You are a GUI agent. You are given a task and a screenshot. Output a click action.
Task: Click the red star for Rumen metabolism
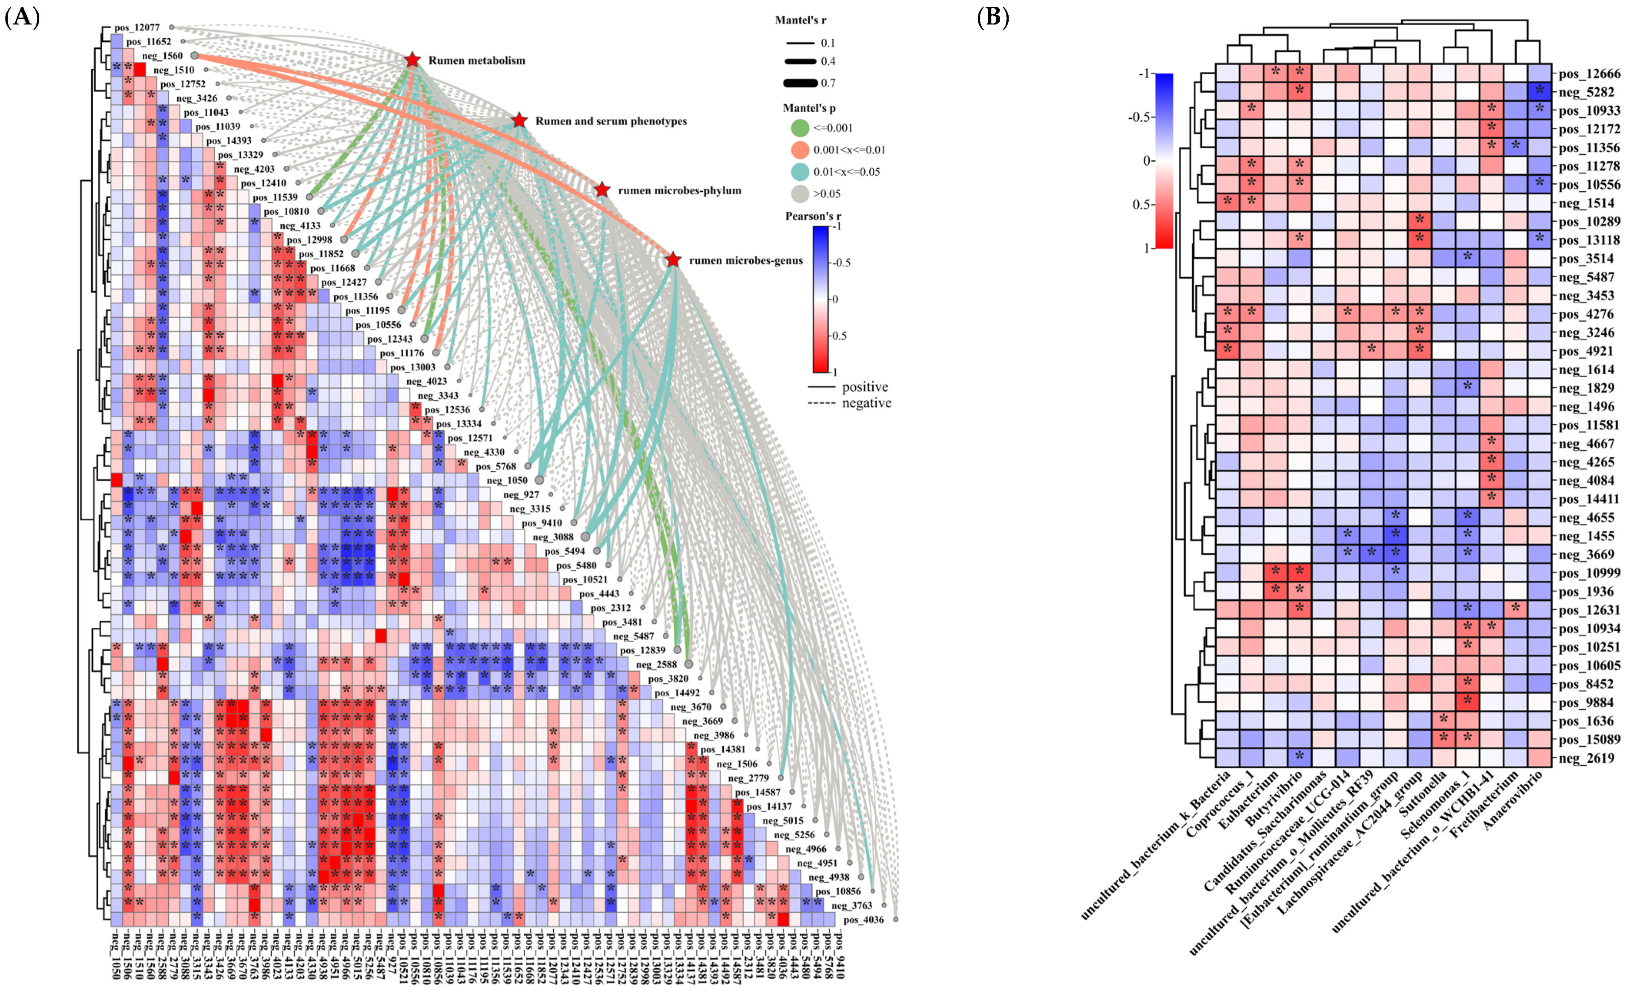point(412,60)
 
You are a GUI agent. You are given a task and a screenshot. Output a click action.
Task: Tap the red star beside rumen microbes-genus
point(673,260)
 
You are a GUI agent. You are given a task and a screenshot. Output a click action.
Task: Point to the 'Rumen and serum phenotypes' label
point(611,121)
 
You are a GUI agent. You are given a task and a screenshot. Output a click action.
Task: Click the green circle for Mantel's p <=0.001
point(800,128)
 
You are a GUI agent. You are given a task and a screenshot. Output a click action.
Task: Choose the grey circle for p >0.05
point(800,194)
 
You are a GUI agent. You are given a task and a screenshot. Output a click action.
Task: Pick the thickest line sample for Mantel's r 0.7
point(800,83)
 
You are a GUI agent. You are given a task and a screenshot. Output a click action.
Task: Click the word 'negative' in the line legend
point(866,403)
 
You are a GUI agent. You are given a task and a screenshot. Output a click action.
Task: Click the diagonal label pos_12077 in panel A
point(137,28)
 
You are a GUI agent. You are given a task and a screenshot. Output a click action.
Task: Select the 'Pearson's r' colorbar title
point(813,216)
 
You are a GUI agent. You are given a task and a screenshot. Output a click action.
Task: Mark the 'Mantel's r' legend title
point(800,21)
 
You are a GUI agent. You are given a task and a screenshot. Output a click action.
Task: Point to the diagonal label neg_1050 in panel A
point(508,480)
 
